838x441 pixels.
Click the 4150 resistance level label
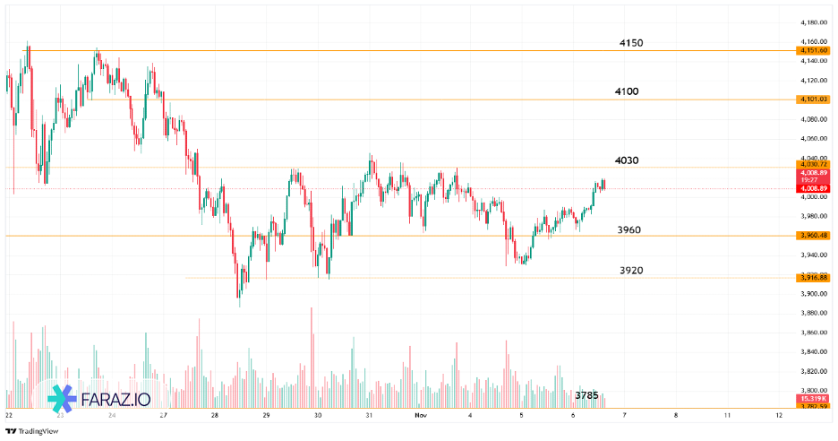pos(631,43)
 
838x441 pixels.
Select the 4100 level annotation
pos(627,91)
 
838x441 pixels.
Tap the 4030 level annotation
pos(627,160)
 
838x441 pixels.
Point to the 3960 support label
pos(628,230)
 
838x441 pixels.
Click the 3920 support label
pos(631,270)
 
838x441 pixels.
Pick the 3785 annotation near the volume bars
pos(586,394)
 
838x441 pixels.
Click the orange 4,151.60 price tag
pos(814,51)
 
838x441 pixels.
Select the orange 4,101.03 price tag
pos(814,99)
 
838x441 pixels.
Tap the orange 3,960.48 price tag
pos(814,236)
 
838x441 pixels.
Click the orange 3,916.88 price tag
pos(814,278)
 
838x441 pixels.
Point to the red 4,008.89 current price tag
pos(814,189)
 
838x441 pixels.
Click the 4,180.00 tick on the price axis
pos(813,22)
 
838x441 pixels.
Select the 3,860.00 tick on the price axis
pos(813,333)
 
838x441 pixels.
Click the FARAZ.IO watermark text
pos(115,399)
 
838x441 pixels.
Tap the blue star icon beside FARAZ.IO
pos(62,399)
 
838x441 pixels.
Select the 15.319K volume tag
pos(814,398)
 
